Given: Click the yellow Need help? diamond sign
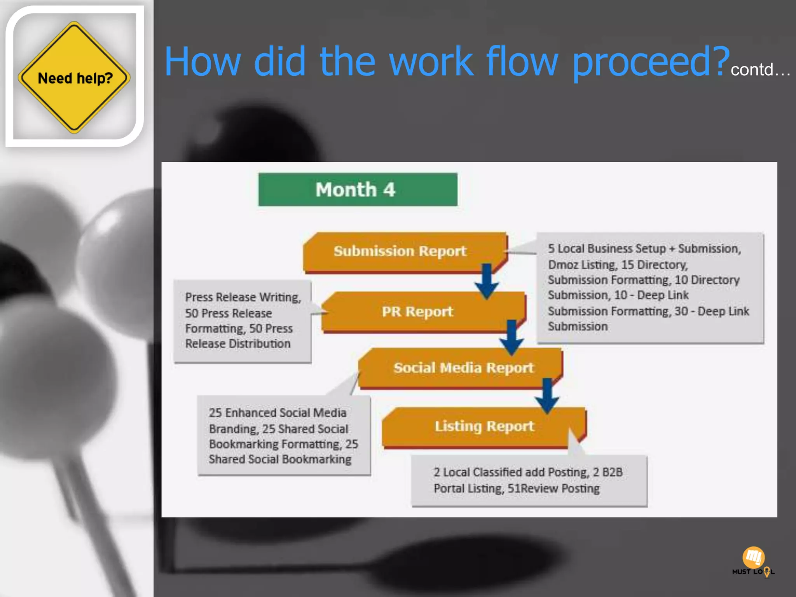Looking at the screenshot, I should [x=74, y=77].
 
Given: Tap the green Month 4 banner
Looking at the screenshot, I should [x=358, y=190].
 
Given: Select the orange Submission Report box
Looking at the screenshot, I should [x=400, y=251].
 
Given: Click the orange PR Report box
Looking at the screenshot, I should [x=417, y=312].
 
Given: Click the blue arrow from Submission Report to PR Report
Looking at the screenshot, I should [x=487, y=281].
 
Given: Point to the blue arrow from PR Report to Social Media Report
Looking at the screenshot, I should [x=511, y=337].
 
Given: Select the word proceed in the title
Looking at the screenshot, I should [x=645, y=62].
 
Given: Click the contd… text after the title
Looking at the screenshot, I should [x=760, y=70].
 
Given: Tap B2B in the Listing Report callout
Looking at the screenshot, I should [x=613, y=472].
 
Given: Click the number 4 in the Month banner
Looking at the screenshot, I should [x=389, y=190].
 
